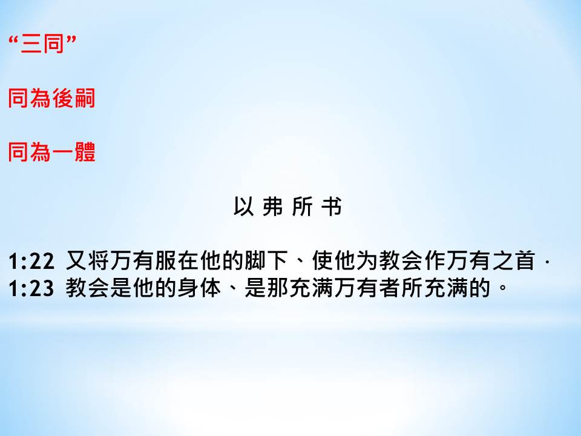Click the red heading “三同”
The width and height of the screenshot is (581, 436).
click(x=42, y=44)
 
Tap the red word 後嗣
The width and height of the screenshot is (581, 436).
click(x=74, y=98)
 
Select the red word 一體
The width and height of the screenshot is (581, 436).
click(x=74, y=152)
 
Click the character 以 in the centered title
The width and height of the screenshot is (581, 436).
click(x=243, y=206)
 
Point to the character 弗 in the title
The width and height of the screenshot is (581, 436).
click(x=273, y=206)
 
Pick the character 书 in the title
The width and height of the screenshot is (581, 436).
click(x=331, y=206)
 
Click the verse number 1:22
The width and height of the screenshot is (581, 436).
click(x=31, y=261)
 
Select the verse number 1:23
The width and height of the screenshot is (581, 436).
click(x=31, y=288)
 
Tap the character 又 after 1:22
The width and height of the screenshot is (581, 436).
click(x=76, y=260)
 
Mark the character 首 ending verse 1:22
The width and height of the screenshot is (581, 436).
click(x=524, y=260)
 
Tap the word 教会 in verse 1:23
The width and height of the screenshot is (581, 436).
click(x=88, y=288)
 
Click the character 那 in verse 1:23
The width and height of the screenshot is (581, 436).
click(x=278, y=288)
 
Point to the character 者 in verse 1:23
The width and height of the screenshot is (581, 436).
click(x=390, y=288)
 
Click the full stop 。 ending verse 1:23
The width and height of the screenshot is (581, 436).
click(x=503, y=287)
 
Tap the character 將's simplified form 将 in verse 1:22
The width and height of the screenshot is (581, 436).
click(x=99, y=260)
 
